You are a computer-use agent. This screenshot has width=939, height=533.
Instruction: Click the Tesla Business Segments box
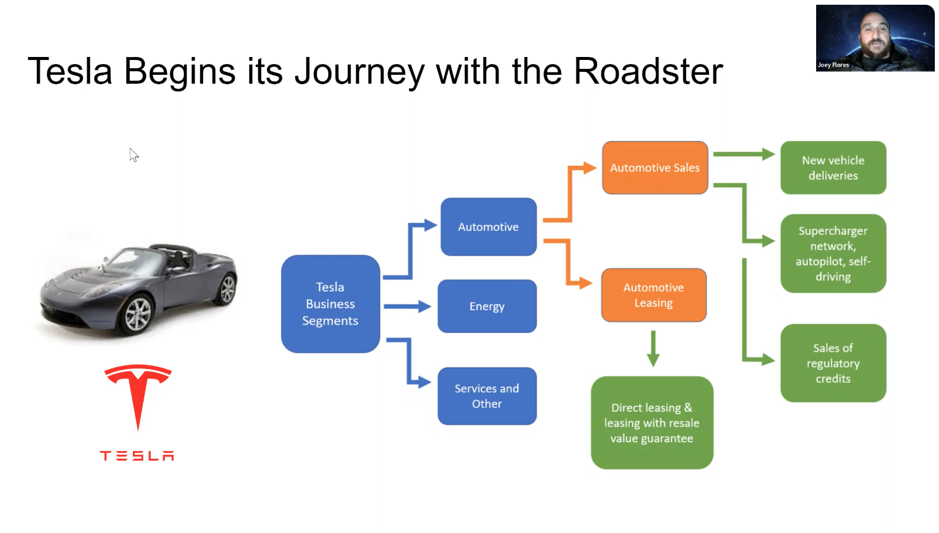(x=330, y=304)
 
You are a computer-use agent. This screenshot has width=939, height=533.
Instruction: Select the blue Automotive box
(x=488, y=227)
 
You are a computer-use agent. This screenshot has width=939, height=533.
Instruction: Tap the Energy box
(x=487, y=306)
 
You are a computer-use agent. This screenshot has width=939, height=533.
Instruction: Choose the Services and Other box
(x=487, y=396)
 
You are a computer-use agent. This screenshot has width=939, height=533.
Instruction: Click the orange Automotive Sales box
(x=655, y=168)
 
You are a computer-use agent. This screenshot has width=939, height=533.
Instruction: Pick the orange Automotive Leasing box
(x=654, y=295)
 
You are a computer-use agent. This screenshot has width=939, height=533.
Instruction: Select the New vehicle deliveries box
(x=833, y=168)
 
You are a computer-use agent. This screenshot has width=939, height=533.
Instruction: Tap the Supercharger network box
(x=833, y=253)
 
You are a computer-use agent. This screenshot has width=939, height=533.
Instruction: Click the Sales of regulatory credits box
(x=833, y=363)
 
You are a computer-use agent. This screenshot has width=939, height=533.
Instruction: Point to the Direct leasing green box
(x=652, y=423)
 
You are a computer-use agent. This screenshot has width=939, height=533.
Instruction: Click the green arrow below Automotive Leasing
(x=653, y=349)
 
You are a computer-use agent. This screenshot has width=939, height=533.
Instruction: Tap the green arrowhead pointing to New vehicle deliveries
(x=768, y=154)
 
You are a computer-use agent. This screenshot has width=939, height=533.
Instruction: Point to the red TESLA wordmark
(x=137, y=456)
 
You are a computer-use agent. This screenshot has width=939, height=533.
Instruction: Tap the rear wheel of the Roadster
(x=227, y=290)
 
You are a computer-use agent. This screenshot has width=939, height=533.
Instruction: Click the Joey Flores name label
(x=833, y=65)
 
